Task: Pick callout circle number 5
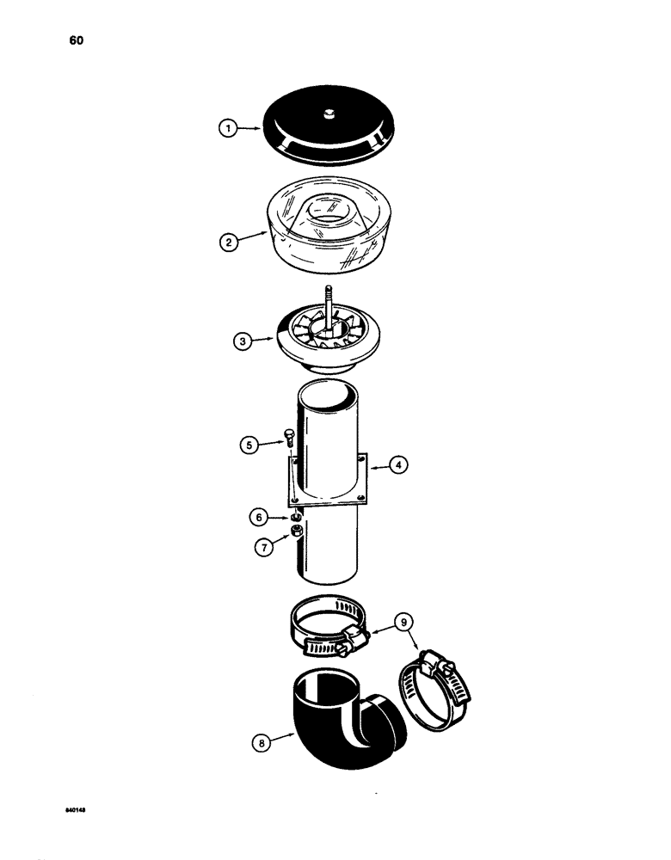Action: [x=249, y=445]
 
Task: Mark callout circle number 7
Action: [x=260, y=546]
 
